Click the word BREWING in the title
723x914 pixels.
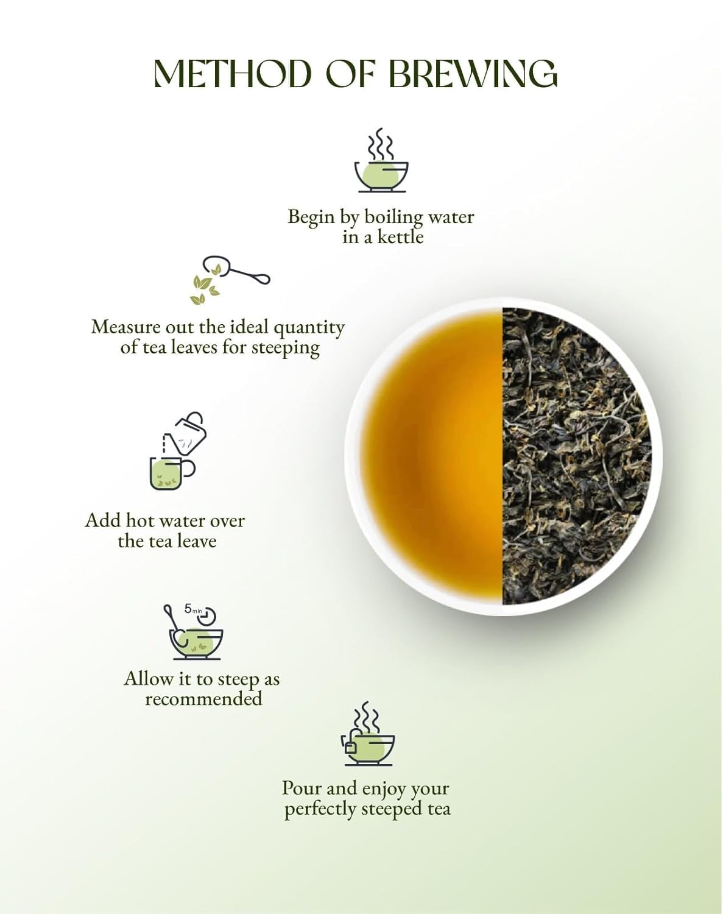point(473,74)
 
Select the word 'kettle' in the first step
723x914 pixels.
point(400,236)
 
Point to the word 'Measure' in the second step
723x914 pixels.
point(126,327)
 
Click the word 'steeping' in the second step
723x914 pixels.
point(286,348)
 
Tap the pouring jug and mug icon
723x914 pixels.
point(176,452)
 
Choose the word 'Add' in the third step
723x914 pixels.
point(102,520)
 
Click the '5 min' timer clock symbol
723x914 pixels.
point(208,615)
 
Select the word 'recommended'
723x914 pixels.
point(203,699)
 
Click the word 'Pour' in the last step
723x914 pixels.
point(302,788)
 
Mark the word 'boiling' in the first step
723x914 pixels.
point(393,217)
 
